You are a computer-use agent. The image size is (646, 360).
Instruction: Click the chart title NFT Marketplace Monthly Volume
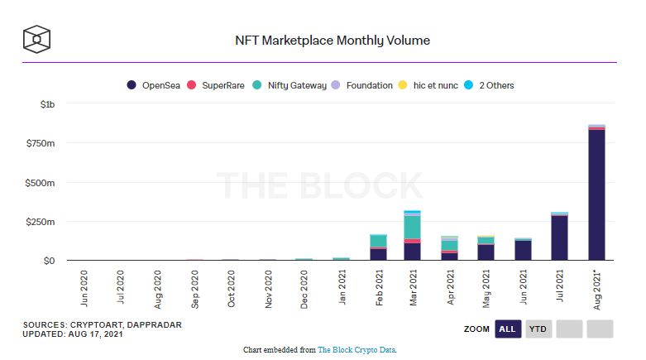(x=333, y=41)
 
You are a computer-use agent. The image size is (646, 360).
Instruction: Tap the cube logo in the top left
(x=36, y=39)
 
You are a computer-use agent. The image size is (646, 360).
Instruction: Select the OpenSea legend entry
(x=153, y=85)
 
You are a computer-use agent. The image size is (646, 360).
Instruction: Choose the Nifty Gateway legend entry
(x=290, y=85)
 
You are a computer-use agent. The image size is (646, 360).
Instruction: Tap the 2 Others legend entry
(x=489, y=85)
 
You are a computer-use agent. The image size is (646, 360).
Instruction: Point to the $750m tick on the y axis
(x=41, y=143)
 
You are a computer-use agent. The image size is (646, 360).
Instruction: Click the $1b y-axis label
(x=47, y=104)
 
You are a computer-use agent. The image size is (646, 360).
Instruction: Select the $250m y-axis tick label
(x=41, y=222)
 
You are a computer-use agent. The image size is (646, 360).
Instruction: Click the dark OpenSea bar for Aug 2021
(x=596, y=195)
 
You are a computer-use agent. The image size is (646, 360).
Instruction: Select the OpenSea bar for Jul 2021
(x=559, y=238)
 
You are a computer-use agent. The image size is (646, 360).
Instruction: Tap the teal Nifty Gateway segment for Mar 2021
(x=413, y=228)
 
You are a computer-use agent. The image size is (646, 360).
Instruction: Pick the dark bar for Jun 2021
(x=524, y=250)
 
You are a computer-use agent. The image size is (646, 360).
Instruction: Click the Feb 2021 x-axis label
(x=379, y=288)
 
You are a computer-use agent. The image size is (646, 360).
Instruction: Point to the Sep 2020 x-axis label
(x=194, y=290)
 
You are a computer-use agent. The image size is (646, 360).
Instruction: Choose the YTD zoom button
(x=538, y=329)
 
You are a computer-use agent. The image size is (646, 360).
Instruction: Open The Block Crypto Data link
(x=356, y=350)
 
